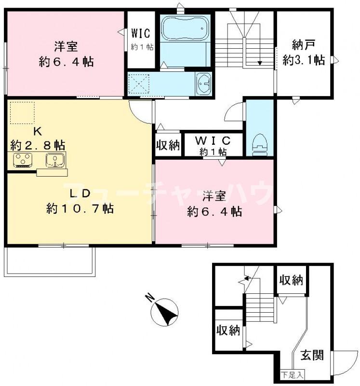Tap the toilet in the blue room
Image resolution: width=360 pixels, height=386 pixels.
(x=260, y=142)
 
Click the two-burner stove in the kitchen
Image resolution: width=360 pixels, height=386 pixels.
(x=21, y=160)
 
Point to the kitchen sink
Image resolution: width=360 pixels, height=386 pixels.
(x=55, y=159)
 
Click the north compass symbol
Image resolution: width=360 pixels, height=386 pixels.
(x=164, y=312)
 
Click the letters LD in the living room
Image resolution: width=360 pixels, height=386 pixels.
(x=80, y=194)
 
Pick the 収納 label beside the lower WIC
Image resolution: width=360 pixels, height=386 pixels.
(x=168, y=145)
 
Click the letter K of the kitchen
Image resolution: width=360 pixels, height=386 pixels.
(x=37, y=130)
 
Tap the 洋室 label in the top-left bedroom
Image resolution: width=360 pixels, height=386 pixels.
(x=67, y=47)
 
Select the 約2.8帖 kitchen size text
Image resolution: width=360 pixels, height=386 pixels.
(x=38, y=144)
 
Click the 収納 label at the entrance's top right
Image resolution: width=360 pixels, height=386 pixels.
(x=291, y=280)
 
